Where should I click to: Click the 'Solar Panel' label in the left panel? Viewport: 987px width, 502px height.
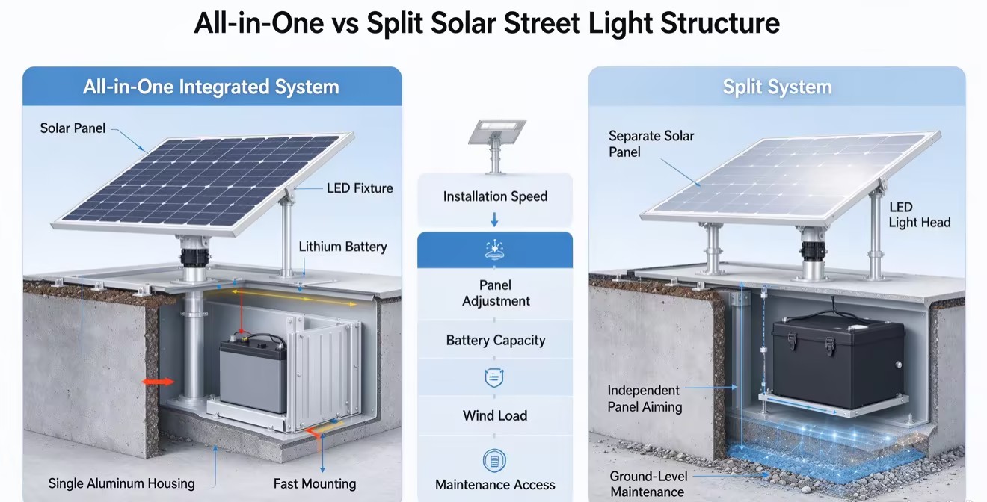click(73, 128)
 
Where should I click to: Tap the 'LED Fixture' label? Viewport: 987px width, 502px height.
click(360, 188)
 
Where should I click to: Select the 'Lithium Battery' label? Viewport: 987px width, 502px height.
click(342, 247)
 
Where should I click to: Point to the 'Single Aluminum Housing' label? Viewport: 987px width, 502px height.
click(121, 483)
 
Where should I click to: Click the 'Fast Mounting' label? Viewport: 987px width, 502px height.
click(315, 484)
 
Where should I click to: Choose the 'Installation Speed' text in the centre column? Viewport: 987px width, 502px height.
click(495, 196)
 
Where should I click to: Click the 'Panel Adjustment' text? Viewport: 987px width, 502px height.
click(496, 293)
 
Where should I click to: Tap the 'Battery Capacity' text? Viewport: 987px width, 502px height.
click(496, 341)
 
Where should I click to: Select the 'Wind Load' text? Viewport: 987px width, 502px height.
click(495, 415)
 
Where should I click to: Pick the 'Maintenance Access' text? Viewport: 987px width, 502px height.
click(495, 485)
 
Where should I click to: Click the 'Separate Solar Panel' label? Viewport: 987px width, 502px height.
click(651, 144)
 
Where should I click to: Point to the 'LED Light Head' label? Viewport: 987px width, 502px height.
click(919, 215)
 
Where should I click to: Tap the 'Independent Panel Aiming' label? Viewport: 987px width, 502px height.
click(645, 398)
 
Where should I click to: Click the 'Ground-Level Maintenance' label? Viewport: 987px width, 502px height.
click(648, 484)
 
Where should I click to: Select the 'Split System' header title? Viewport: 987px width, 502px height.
click(778, 87)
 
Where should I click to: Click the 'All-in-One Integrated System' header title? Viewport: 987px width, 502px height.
click(211, 87)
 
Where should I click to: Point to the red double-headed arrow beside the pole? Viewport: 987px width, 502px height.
click(158, 382)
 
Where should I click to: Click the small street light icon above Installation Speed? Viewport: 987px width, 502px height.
click(496, 146)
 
